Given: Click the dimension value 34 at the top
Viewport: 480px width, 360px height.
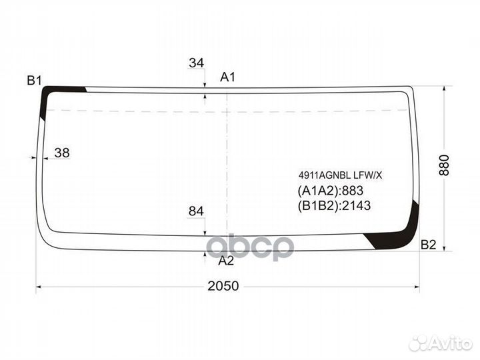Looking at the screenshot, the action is [196, 63].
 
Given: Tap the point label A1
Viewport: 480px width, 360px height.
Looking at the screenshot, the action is [228, 77].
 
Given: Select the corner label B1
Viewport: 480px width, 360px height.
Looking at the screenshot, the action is [34, 81].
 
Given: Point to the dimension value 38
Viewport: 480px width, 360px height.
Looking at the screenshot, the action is [62, 153].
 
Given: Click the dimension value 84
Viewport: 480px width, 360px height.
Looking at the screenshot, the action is [196, 211].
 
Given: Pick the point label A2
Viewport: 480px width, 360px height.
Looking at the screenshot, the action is [226, 261].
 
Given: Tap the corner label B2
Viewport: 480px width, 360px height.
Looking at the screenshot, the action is [428, 245].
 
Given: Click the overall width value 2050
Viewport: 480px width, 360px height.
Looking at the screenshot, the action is [223, 286].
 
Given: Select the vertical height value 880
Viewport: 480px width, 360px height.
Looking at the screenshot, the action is [444, 165].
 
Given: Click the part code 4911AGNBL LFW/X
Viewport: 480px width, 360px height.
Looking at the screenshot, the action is [341, 175].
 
